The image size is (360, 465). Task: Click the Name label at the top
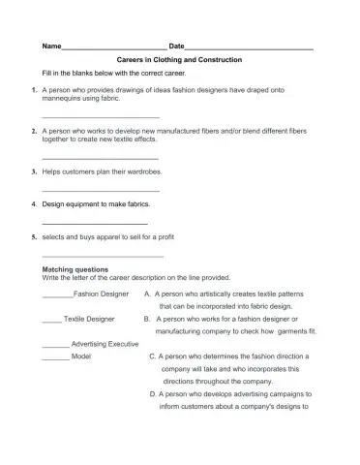tap(51, 46)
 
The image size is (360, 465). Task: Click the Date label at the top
tap(176, 46)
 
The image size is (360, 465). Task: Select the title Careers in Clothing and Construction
tap(179, 60)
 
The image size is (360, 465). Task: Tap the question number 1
tap(34, 89)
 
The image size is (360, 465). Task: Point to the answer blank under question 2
tap(101, 157)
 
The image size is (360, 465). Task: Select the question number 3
tap(34, 171)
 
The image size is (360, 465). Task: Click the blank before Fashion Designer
tap(58, 294)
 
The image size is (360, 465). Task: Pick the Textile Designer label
tap(89, 318)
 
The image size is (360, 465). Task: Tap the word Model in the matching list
tap(81, 356)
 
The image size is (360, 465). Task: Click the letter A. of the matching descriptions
tap(146, 293)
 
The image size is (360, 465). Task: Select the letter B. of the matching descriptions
tap(146, 318)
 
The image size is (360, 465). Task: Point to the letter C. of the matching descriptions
tap(153, 356)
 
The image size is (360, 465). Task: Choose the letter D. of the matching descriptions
tap(153, 394)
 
